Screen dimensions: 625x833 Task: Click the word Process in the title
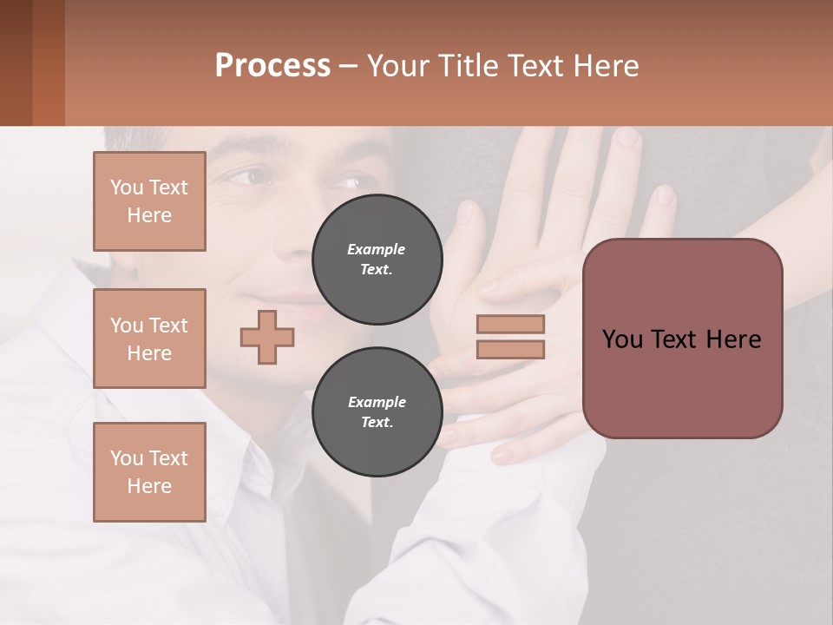[272, 65]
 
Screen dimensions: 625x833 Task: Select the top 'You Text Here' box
[149, 201]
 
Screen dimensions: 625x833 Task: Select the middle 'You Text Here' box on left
[149, 339]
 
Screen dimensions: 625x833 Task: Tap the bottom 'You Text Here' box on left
[149, 471]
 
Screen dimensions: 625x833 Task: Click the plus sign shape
[267, 337]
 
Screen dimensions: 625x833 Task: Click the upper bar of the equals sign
[511, 324]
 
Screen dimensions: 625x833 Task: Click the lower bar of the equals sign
[511, 349]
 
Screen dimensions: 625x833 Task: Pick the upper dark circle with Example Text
[377, 259]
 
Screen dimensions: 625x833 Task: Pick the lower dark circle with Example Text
[377, 411]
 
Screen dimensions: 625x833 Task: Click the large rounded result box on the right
[682, 338]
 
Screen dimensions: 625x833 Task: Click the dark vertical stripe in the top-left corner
[48, 62]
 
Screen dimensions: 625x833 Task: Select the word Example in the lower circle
[377, 402]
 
